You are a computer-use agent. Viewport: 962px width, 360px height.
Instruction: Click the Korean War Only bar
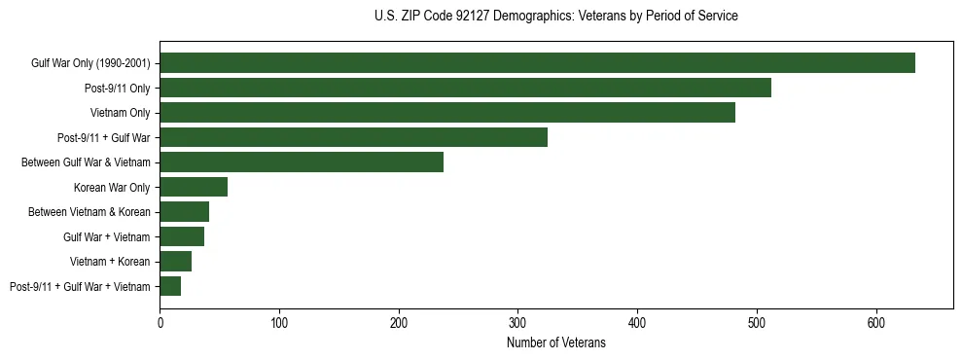pyautogui.click(x=194, y=187)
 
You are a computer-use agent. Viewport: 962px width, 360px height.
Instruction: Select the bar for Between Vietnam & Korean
pyautogui.click(x=185, y=212)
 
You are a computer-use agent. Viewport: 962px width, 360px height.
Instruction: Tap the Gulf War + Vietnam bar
pyautogui.click(x=182, y=236)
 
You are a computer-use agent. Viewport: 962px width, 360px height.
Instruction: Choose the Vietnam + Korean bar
pyautogui.click(x=176, y=262)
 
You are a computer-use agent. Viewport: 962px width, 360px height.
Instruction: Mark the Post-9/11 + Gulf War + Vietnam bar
pyautogui.click(x=170, y=286)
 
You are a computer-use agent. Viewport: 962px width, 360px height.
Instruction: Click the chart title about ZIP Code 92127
pyautogui.click(x=555, y=17)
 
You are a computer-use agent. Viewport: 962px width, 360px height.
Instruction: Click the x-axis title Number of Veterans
pyautogui.click(x=555, y=343)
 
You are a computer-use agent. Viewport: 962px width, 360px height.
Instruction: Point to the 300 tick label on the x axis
pyautogui.click(x=517, y=322)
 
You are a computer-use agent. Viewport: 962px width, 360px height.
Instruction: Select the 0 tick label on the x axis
pyautogui.click(x=160, y=322)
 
